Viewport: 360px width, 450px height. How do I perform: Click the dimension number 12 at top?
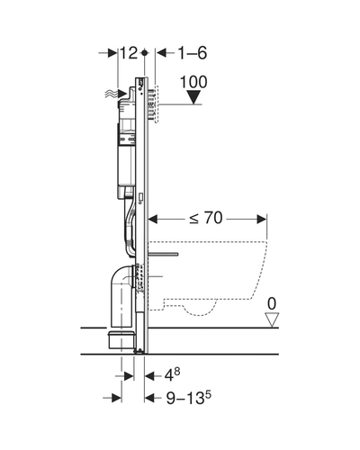129,53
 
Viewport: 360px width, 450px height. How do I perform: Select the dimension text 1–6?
193,53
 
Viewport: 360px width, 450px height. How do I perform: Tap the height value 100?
193,82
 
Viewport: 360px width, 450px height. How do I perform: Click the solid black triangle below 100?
193,97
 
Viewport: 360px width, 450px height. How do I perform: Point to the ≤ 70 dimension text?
206,218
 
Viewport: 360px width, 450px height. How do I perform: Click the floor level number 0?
272,304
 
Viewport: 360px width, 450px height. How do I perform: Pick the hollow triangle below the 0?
272,319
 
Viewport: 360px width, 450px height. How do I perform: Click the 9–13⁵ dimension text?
188,398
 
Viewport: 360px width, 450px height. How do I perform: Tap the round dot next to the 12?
145,53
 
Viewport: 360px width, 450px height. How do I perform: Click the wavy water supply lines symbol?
111,94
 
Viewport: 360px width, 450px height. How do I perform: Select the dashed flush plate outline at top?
156,104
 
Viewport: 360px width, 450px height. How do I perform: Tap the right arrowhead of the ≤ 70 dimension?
262,220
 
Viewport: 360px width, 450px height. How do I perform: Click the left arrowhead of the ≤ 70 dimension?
153,220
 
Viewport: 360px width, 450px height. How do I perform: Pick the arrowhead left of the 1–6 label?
161,53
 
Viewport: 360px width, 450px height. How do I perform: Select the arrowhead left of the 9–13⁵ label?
149,398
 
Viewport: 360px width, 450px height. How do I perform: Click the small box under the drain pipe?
121,340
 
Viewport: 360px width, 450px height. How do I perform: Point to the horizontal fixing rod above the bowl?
164,255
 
